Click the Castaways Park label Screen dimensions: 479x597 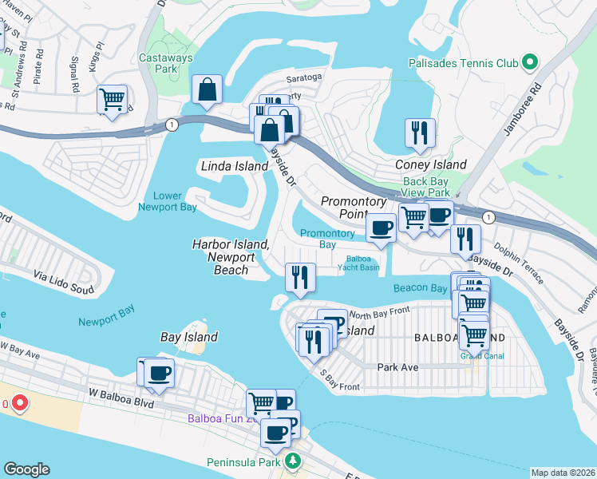(x=157, y=63)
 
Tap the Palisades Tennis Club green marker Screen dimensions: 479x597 (x=529, y=62)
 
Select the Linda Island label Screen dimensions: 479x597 (x=233, y=166)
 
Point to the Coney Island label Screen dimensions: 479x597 (x=431, y=164)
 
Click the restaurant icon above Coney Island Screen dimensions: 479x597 (x=419, y=132)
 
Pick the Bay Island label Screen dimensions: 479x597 (x=189, y=337)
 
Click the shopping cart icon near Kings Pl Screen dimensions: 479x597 (x=113, y=100)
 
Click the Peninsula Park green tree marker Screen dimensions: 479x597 (x=294, y=461)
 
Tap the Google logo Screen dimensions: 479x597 (x=26, y=469)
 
